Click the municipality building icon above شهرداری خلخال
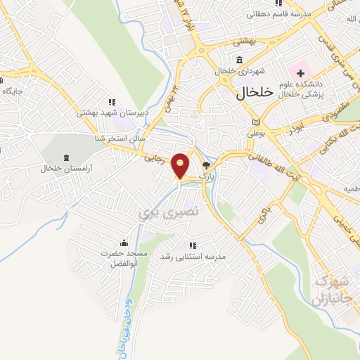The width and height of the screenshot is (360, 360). click(240, 59)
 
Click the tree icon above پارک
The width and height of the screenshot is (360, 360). click(206, 166)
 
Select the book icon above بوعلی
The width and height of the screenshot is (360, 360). click(254, 120)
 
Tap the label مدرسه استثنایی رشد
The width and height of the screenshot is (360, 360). click(193, 257)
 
